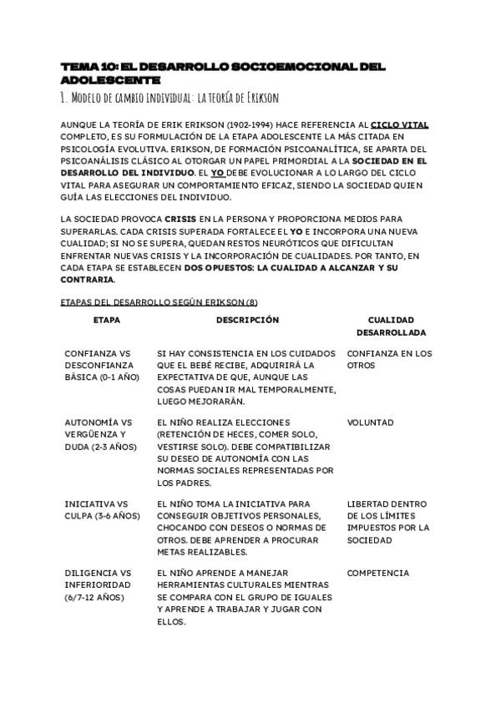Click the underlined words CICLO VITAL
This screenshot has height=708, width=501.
point(399,124)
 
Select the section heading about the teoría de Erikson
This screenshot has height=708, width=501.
point(170,98)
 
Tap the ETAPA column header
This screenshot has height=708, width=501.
point(105,320)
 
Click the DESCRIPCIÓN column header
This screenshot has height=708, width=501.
point(247,320)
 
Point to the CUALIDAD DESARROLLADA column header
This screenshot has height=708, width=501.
point(391,326)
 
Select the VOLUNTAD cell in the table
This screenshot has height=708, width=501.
point(371,422)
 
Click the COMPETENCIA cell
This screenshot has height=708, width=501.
point(378,573)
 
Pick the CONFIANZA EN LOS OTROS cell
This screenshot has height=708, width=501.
point(389,359)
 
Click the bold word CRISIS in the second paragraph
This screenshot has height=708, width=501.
point(181,219)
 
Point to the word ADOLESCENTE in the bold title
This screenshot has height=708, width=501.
point(110,80)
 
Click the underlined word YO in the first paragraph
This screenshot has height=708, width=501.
point(216,172)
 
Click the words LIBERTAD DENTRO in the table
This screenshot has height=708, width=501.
point(387,503)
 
